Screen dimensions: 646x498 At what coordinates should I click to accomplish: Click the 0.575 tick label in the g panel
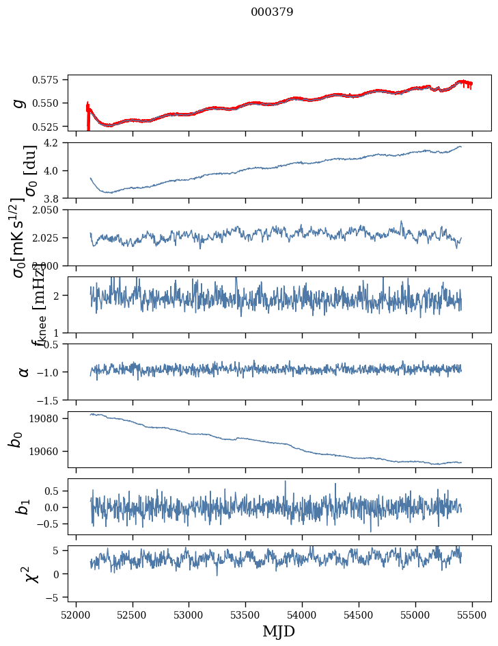[51, 80]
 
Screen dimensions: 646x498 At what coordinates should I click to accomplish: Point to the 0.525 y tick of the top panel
[51, 127]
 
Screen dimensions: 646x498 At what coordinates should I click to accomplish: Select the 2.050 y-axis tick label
[51, 210]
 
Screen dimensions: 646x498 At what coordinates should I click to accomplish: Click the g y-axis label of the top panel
[20, 103]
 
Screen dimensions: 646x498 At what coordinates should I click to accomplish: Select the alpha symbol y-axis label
[24, 372]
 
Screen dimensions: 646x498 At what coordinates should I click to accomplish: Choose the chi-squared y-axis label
[31, 573]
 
